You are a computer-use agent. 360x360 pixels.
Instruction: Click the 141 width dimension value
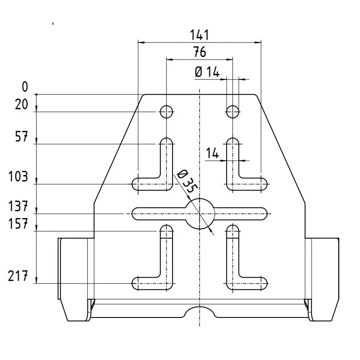(199, 34)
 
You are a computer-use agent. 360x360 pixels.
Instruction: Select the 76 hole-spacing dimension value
(199, 52)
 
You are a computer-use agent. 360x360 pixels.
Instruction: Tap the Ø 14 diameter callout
(207, 72)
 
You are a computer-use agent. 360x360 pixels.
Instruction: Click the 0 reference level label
(25, 87)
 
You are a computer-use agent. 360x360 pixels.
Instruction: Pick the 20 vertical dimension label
(21, 104)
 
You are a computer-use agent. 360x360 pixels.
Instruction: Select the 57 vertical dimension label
(21, 137)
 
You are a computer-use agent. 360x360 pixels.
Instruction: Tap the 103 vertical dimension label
(18, 176)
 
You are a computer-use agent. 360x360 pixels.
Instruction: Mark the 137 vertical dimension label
(18, 207)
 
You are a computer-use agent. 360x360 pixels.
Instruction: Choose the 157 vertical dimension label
(18, 224)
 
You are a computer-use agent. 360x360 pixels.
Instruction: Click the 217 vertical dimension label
(18, 277)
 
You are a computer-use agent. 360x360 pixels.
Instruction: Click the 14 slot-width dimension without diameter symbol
(212, 153)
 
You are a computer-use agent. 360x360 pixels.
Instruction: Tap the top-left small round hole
(166, 112)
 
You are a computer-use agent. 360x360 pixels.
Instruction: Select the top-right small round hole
(232, 112)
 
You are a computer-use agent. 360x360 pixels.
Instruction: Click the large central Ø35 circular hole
(200, 213)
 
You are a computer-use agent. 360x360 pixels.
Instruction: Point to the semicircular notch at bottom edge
(200, 312)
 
